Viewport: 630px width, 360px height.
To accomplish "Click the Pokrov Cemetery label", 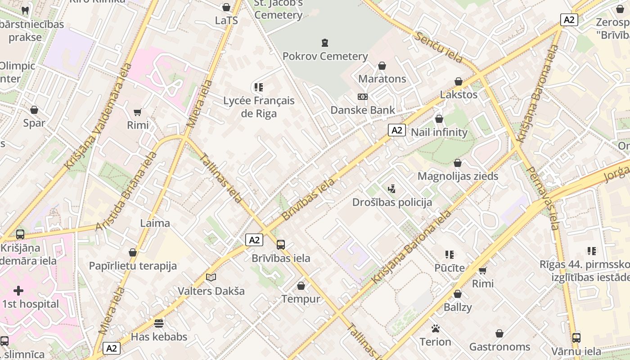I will [x=325, y=56].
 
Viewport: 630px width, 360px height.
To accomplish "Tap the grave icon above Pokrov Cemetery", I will [x=325, y=43].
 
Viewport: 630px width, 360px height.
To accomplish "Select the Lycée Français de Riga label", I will [x=259, y=107].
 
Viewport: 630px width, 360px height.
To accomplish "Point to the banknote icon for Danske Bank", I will [x=362, y=97].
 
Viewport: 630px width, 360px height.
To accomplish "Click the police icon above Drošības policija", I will [x=392, y=189].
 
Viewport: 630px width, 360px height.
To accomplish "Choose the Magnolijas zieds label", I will [x=458, y=176].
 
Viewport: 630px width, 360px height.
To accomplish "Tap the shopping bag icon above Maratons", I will [x=382, y=66].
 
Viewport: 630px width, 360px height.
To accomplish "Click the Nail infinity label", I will [x=439, y=132].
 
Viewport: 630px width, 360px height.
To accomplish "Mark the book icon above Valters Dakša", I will [x=211, y=278].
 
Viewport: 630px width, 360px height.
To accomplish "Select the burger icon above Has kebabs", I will [x=159, y=323].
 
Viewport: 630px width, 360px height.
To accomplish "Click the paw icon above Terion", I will [x=435, y=328].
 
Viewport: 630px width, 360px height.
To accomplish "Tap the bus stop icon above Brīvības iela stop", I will [x=281, y=245].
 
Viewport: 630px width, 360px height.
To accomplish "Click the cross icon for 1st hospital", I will [x=18, y=291].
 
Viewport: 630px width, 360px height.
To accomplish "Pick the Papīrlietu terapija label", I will [x=133, y=266].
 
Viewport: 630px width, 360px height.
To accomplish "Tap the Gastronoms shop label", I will [x=499, y=347].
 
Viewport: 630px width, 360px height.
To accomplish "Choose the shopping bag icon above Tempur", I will [x=301, y=286].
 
